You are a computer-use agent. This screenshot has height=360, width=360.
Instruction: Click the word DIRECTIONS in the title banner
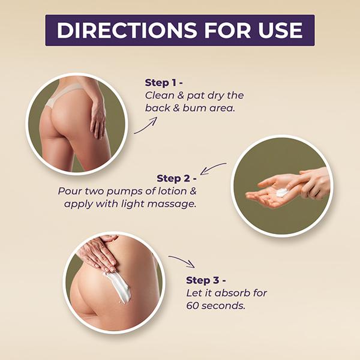127,30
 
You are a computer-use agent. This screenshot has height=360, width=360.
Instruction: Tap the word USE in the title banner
280,30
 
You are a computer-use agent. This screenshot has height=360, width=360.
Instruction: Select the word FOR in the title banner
227,30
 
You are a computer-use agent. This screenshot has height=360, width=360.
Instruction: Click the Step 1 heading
164,83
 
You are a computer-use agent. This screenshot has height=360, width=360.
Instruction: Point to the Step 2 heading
176,178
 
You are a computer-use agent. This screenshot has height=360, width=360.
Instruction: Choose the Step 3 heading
206,280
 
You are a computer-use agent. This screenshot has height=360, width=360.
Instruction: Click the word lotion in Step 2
172,191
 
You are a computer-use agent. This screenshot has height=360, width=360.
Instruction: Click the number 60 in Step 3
193,306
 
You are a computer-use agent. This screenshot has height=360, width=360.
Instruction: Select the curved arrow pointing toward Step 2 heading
212,168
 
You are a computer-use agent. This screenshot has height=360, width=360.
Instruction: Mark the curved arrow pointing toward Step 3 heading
182,260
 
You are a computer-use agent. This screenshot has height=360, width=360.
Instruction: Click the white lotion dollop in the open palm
282,192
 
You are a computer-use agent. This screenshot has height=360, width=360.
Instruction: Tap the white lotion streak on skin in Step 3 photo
119,287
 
